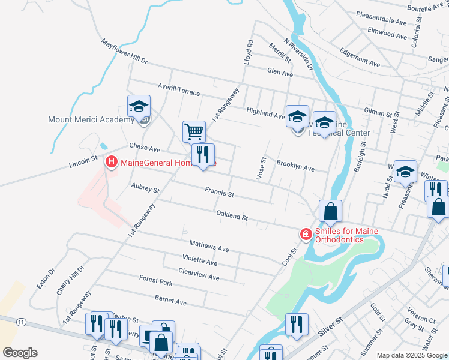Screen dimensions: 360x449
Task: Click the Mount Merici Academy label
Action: (91, 119)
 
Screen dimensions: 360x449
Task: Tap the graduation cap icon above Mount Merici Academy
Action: (139, 107)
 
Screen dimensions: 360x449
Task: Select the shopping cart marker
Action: (194, 131)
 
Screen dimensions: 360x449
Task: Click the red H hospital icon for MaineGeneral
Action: (111, 162)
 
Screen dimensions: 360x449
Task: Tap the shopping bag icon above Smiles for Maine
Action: (330, 211)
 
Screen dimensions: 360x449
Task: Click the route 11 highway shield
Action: (22, 322)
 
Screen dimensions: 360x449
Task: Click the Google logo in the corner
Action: (20, 353)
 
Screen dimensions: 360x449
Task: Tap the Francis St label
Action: (219, 193)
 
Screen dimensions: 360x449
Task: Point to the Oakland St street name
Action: (232, 215)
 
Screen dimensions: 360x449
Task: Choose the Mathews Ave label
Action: (209, 246)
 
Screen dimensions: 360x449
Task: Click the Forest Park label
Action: (155, 280)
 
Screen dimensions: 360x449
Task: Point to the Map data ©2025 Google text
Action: (412, 355)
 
